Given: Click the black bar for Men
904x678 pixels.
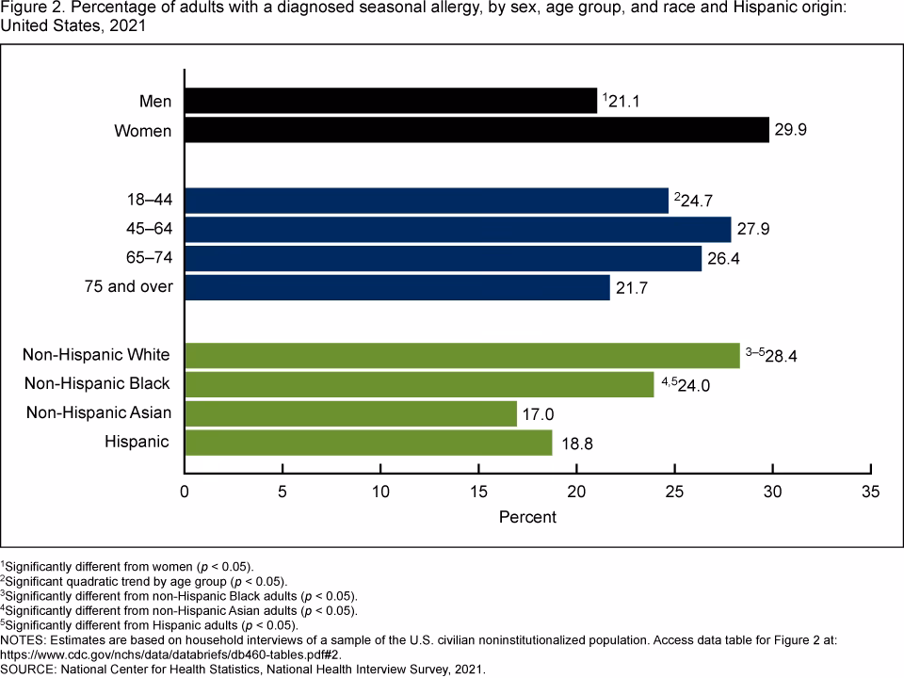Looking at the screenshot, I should (391, 101).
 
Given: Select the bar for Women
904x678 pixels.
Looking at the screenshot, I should (476, 130).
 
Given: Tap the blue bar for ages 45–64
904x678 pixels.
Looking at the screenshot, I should (458, 230).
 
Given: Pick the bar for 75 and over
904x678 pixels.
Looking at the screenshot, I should (396, 286).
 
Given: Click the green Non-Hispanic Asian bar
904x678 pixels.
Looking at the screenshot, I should (350, 412).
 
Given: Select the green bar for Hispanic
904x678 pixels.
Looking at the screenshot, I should (368, 442).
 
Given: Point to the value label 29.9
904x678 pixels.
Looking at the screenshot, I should (791, 131).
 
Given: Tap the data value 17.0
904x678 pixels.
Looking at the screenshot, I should (540, 413).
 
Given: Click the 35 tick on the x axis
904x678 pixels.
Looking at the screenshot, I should (870, 492).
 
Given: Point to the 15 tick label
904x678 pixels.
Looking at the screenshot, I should (478, 492).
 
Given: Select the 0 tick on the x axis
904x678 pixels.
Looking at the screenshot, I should (185, 492).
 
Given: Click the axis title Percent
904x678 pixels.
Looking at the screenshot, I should (526, 517).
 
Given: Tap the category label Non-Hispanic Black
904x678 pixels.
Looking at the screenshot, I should (98, 383).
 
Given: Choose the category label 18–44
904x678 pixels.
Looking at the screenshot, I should (148, 201).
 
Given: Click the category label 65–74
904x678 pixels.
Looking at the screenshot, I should (148, 257).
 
